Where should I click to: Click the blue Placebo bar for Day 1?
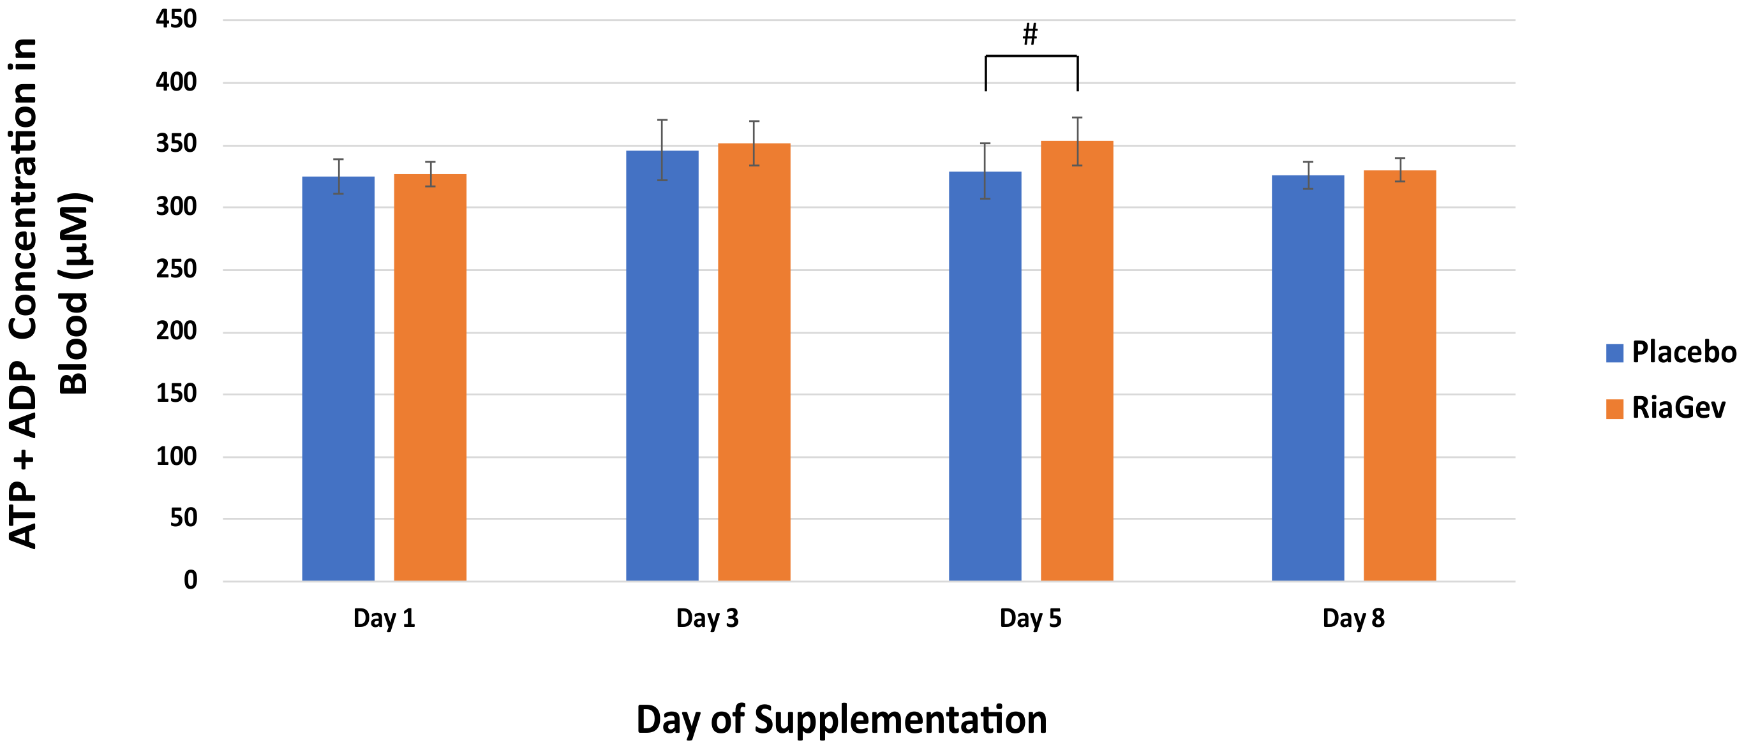(x=338, y=379)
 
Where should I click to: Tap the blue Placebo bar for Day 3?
(x=662, y=365)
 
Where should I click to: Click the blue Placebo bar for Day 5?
(x=985, y=376)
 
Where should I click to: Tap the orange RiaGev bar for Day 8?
(x=1399, y=376)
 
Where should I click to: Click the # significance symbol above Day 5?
(x=1030, y=34)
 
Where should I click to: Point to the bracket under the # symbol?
(x=1031, y=56)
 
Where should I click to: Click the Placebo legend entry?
(x=1671, y=353)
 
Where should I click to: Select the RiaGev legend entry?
(x=1666, y=408)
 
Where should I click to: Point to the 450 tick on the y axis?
(x=176, y=19)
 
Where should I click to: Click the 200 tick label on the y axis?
(x=176, y=331)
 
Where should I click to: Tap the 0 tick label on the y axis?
(x=190, y=580)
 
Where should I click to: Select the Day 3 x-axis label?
(x=707, y=618)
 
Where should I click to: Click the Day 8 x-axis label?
(x=1353, y=618)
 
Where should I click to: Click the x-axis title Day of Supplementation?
(x=842, y=719)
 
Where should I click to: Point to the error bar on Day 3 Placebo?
(x=662, y=150)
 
